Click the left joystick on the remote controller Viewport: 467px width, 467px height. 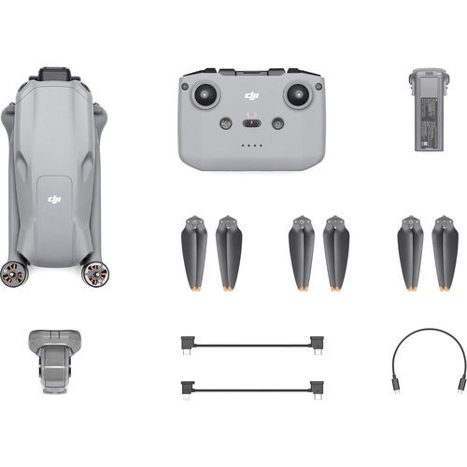205,94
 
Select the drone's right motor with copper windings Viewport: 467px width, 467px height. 94,273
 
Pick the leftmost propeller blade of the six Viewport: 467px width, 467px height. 193,251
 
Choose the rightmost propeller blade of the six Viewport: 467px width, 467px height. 445,251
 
